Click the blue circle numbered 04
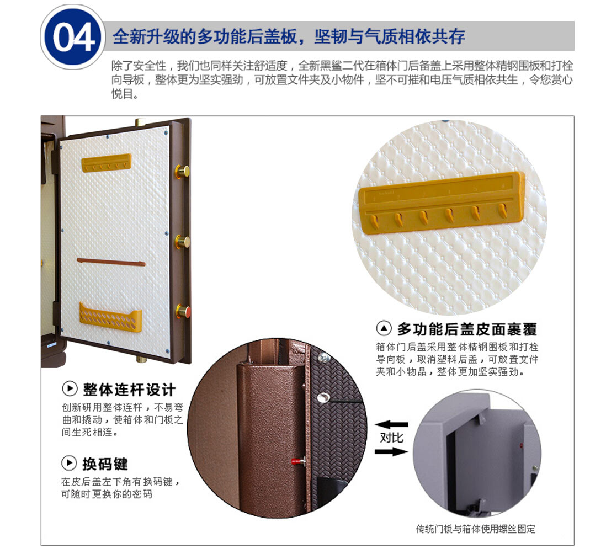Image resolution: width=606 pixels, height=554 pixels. (73, 37)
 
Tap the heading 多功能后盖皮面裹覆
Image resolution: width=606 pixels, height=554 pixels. (467, 329)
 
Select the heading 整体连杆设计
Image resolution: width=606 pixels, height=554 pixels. (129, 390)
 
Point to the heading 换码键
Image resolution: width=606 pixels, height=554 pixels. (105, 464)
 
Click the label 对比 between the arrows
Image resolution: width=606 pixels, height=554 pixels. (391, 438)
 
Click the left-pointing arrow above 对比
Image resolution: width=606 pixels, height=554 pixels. (391, 425)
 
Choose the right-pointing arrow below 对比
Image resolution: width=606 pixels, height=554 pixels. (391, 451)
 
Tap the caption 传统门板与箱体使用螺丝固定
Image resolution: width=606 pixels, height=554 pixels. (475, 529)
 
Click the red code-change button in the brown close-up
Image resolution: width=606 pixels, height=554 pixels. (297, 461)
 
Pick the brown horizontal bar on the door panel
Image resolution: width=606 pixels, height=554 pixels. (111, 262)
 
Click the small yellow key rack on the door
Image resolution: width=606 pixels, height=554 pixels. (107, 163)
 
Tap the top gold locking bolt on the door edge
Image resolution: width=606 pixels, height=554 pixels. (182, 171)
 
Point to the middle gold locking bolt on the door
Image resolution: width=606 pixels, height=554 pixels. (183, 242)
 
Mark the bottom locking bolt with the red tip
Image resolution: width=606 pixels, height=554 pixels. (183, 311)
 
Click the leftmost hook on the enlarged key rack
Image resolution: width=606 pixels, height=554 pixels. (375, 222)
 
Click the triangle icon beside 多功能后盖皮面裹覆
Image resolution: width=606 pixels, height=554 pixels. (384, 329)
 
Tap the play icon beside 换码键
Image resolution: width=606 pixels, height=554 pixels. (69, 463)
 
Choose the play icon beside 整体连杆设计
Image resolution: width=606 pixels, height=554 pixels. (70, 388)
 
